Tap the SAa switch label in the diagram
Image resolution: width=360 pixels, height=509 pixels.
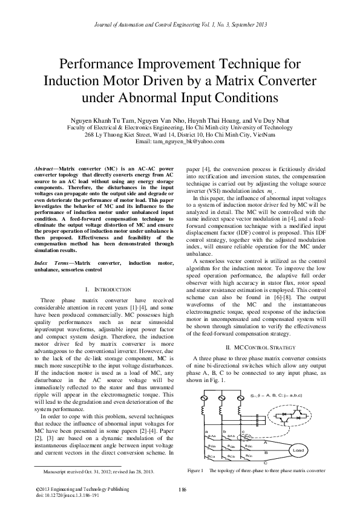coord(212,435)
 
